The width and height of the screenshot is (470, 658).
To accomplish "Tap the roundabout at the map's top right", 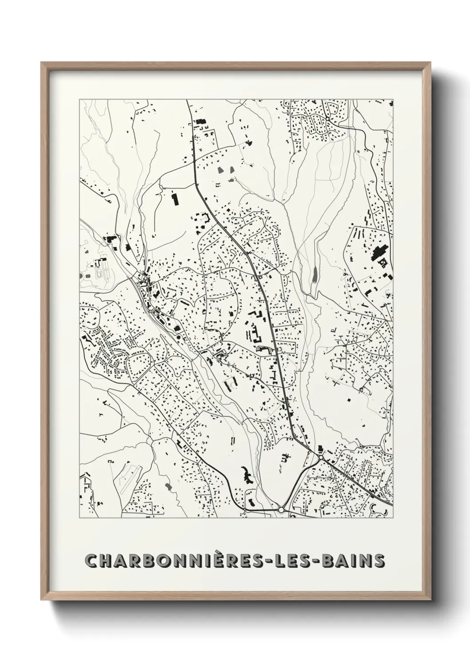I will (x=327, y=119).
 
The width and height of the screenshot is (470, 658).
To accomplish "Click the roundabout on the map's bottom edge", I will (x=281, y=510).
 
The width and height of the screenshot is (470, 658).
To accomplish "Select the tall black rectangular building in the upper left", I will (x=174, y=199).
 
